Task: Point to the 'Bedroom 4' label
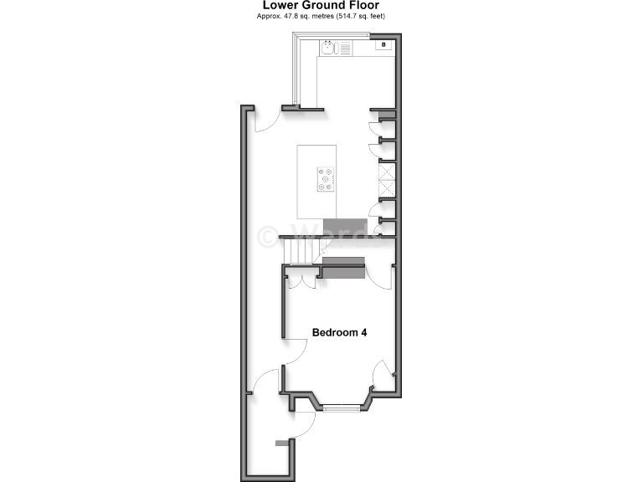[339, 332]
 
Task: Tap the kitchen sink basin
[327, 48]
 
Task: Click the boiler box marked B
[383, 44]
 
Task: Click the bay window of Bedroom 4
[339, 408]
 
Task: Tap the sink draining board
[344, 49]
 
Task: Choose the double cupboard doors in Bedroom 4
[302, 277]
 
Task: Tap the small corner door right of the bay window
[381, 372]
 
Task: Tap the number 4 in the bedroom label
[363, 332]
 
